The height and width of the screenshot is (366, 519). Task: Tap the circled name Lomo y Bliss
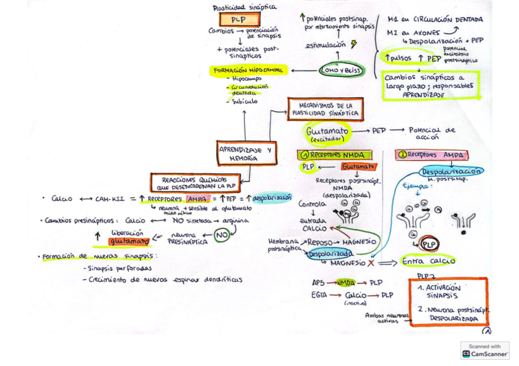point(341,71)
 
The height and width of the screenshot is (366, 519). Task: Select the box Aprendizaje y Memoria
point(247,153)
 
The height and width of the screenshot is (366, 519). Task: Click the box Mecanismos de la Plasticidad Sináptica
point(326,109)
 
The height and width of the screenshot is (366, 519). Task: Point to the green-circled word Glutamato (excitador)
point(327,133)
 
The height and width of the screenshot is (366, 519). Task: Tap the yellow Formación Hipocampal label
point(248,70)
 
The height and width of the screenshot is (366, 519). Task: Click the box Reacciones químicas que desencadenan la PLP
point(195,183)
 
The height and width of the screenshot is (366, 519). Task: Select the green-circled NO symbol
point(222,235)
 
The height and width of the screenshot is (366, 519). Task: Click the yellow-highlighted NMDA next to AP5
point(346,283)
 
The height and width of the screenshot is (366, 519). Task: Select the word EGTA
point(318,295)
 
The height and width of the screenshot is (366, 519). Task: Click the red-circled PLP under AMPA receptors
point(430,244)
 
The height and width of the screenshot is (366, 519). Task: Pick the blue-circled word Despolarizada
point(330,254)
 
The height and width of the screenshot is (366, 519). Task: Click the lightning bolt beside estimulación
point(353,45)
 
